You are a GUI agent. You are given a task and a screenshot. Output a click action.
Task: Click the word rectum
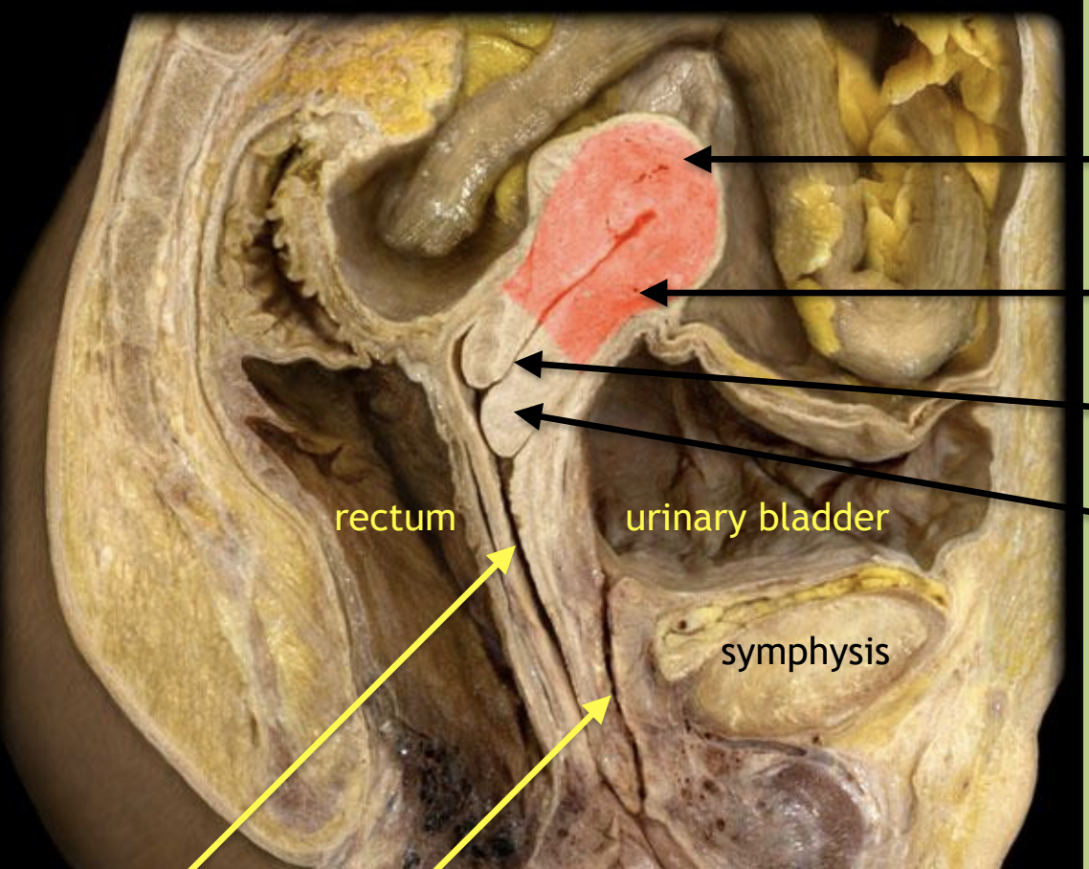394,519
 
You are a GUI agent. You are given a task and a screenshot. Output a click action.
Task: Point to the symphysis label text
805,653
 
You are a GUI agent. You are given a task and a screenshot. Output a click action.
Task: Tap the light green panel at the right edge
1085,431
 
